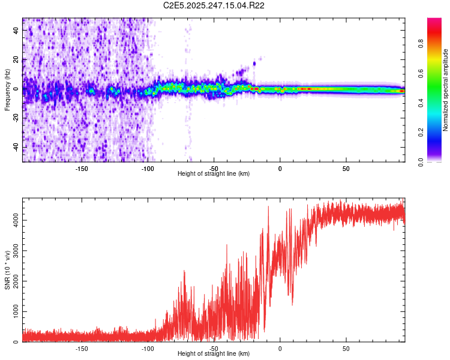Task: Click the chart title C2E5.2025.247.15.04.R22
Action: [214, 5]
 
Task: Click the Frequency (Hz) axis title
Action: [7, 90]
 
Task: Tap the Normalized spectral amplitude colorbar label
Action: [445, 90]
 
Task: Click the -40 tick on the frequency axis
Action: [16, 148]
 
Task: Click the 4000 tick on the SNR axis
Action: [12, 220]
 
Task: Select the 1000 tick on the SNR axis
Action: [12, 312]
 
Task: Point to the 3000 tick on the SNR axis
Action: [12, 251]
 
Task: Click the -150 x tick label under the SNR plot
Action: [82, 348]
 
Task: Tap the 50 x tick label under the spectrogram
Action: [346, 168]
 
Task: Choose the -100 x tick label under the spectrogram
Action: [148, 168]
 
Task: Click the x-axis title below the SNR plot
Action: [214, 354]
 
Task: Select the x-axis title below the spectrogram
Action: [214, 173]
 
